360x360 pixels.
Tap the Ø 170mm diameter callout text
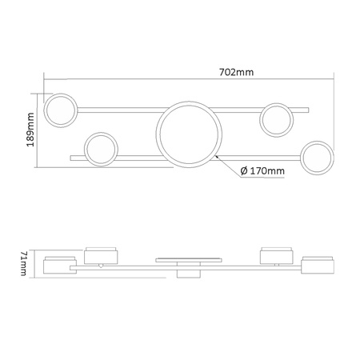262,170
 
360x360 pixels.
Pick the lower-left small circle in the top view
102,148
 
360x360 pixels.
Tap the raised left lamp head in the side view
102,254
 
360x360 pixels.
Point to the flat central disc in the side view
186,259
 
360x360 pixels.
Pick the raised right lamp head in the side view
276,254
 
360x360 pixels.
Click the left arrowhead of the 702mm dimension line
46,79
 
